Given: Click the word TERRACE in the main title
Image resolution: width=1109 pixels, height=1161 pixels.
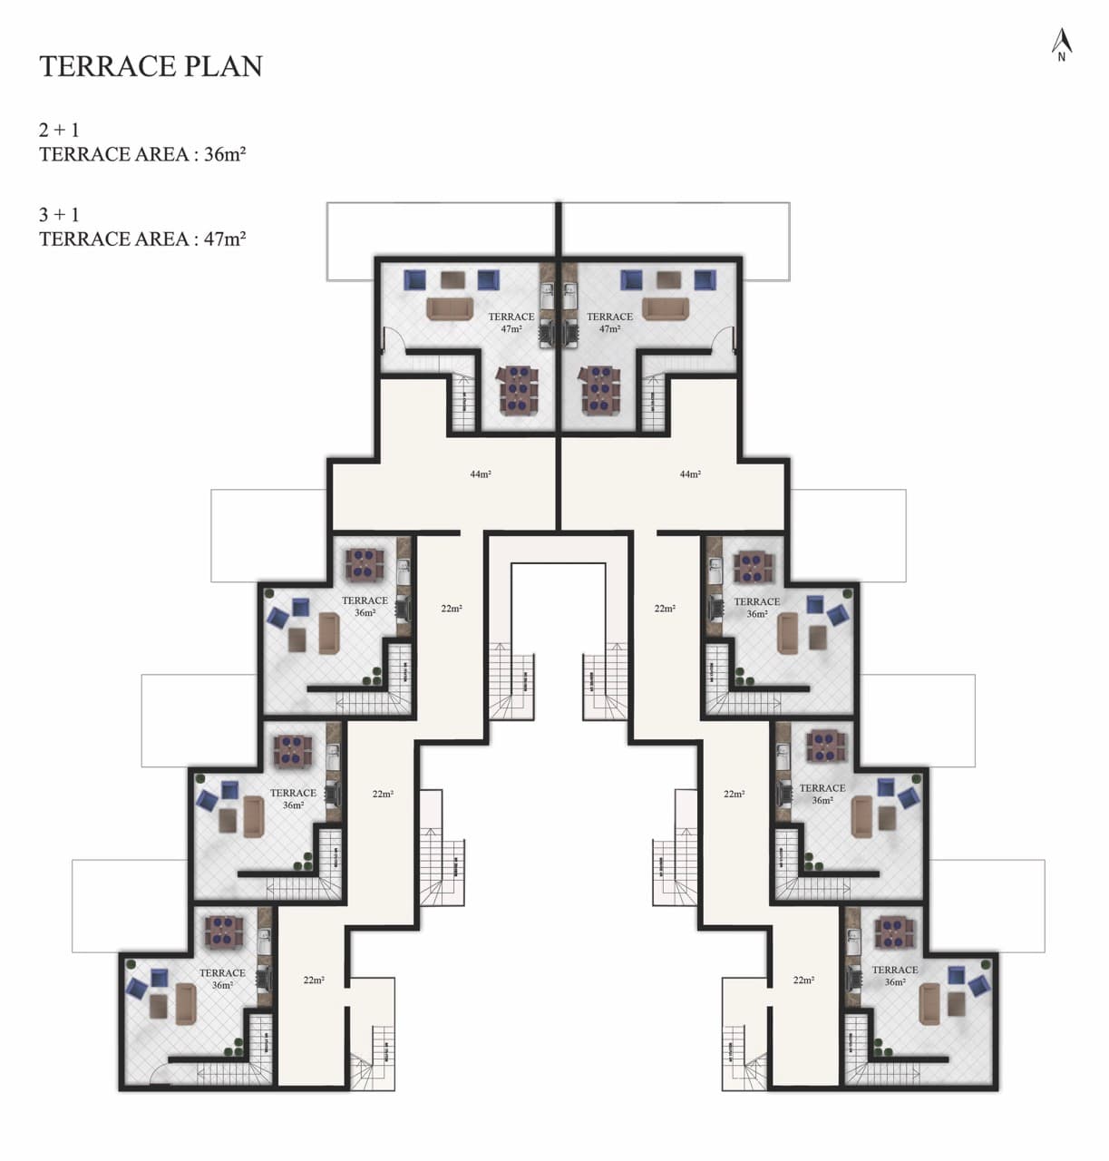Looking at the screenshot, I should coord(107,66).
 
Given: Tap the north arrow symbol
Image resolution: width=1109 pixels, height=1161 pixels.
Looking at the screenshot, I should coord(1061,44).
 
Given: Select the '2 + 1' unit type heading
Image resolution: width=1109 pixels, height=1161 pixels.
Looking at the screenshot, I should coord(59,130).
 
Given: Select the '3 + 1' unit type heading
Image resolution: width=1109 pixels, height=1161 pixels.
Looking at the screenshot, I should coord(59,215).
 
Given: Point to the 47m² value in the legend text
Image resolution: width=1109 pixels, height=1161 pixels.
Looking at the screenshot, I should coord(225,239).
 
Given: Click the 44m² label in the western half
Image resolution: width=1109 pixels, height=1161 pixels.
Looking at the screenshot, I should coord(481,474).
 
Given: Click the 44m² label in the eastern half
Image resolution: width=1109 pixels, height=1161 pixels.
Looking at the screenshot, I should coord(690,474).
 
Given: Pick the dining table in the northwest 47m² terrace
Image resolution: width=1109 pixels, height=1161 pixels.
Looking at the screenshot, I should coord(518,390).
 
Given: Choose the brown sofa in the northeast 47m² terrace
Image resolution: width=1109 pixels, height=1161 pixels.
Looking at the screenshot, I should coord(666,308).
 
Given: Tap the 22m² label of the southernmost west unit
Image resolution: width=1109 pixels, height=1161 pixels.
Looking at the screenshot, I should coord(314,981).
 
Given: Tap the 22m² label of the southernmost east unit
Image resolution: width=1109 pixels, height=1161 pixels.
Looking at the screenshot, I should coord(803,981).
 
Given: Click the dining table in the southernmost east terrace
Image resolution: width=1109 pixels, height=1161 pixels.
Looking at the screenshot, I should coord(894,932).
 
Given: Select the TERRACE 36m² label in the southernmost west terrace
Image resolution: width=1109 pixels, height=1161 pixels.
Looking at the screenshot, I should coord(222,979).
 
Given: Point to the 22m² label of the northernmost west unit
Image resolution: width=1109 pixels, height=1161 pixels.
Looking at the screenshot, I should coord(452,609).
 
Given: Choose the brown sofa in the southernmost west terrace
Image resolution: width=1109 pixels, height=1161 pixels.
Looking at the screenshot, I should coord(186,1004).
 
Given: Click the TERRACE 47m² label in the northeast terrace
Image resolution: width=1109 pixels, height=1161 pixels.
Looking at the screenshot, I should coord(609,323).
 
